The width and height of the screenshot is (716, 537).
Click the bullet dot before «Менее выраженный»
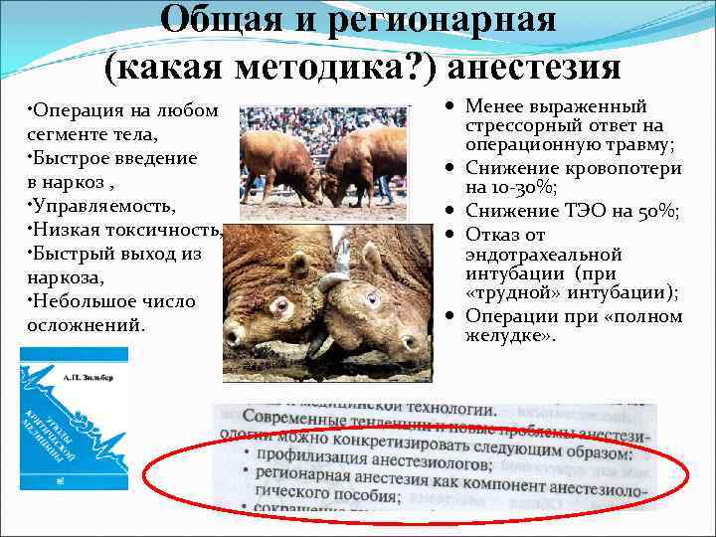(451, 105)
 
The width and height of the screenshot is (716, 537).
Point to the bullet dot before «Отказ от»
(451, 234)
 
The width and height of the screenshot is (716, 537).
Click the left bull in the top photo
(277, 159)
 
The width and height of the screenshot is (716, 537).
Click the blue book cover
(75, 418)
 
